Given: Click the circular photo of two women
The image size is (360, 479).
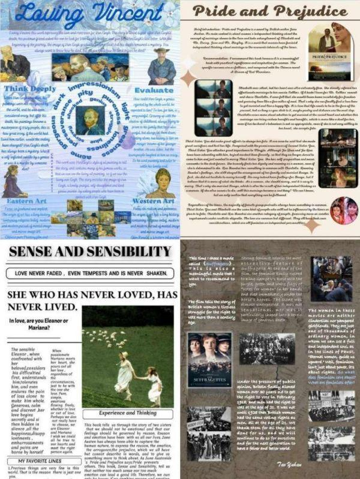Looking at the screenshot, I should pyautogui.click(x=343, y=210).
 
